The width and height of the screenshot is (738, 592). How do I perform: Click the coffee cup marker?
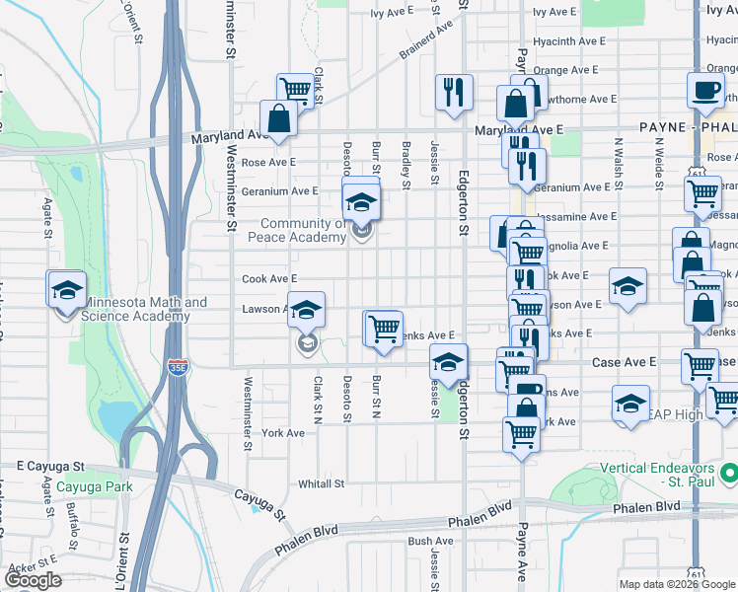pos(705,91)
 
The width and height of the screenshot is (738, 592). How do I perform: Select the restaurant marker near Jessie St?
pos(454,93)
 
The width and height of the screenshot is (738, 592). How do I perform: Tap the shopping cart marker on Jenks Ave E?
pos(384,327)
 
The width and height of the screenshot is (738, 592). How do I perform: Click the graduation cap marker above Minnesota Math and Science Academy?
pos(66,289)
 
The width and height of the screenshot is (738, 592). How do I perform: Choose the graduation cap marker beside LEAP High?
pos(630,403)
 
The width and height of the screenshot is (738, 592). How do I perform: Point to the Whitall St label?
pos(321,484)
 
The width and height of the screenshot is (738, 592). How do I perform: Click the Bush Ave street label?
pos(430,541)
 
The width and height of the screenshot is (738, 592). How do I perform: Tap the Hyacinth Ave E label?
pos(568,41)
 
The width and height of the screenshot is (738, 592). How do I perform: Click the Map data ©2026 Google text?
pos(677,584)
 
